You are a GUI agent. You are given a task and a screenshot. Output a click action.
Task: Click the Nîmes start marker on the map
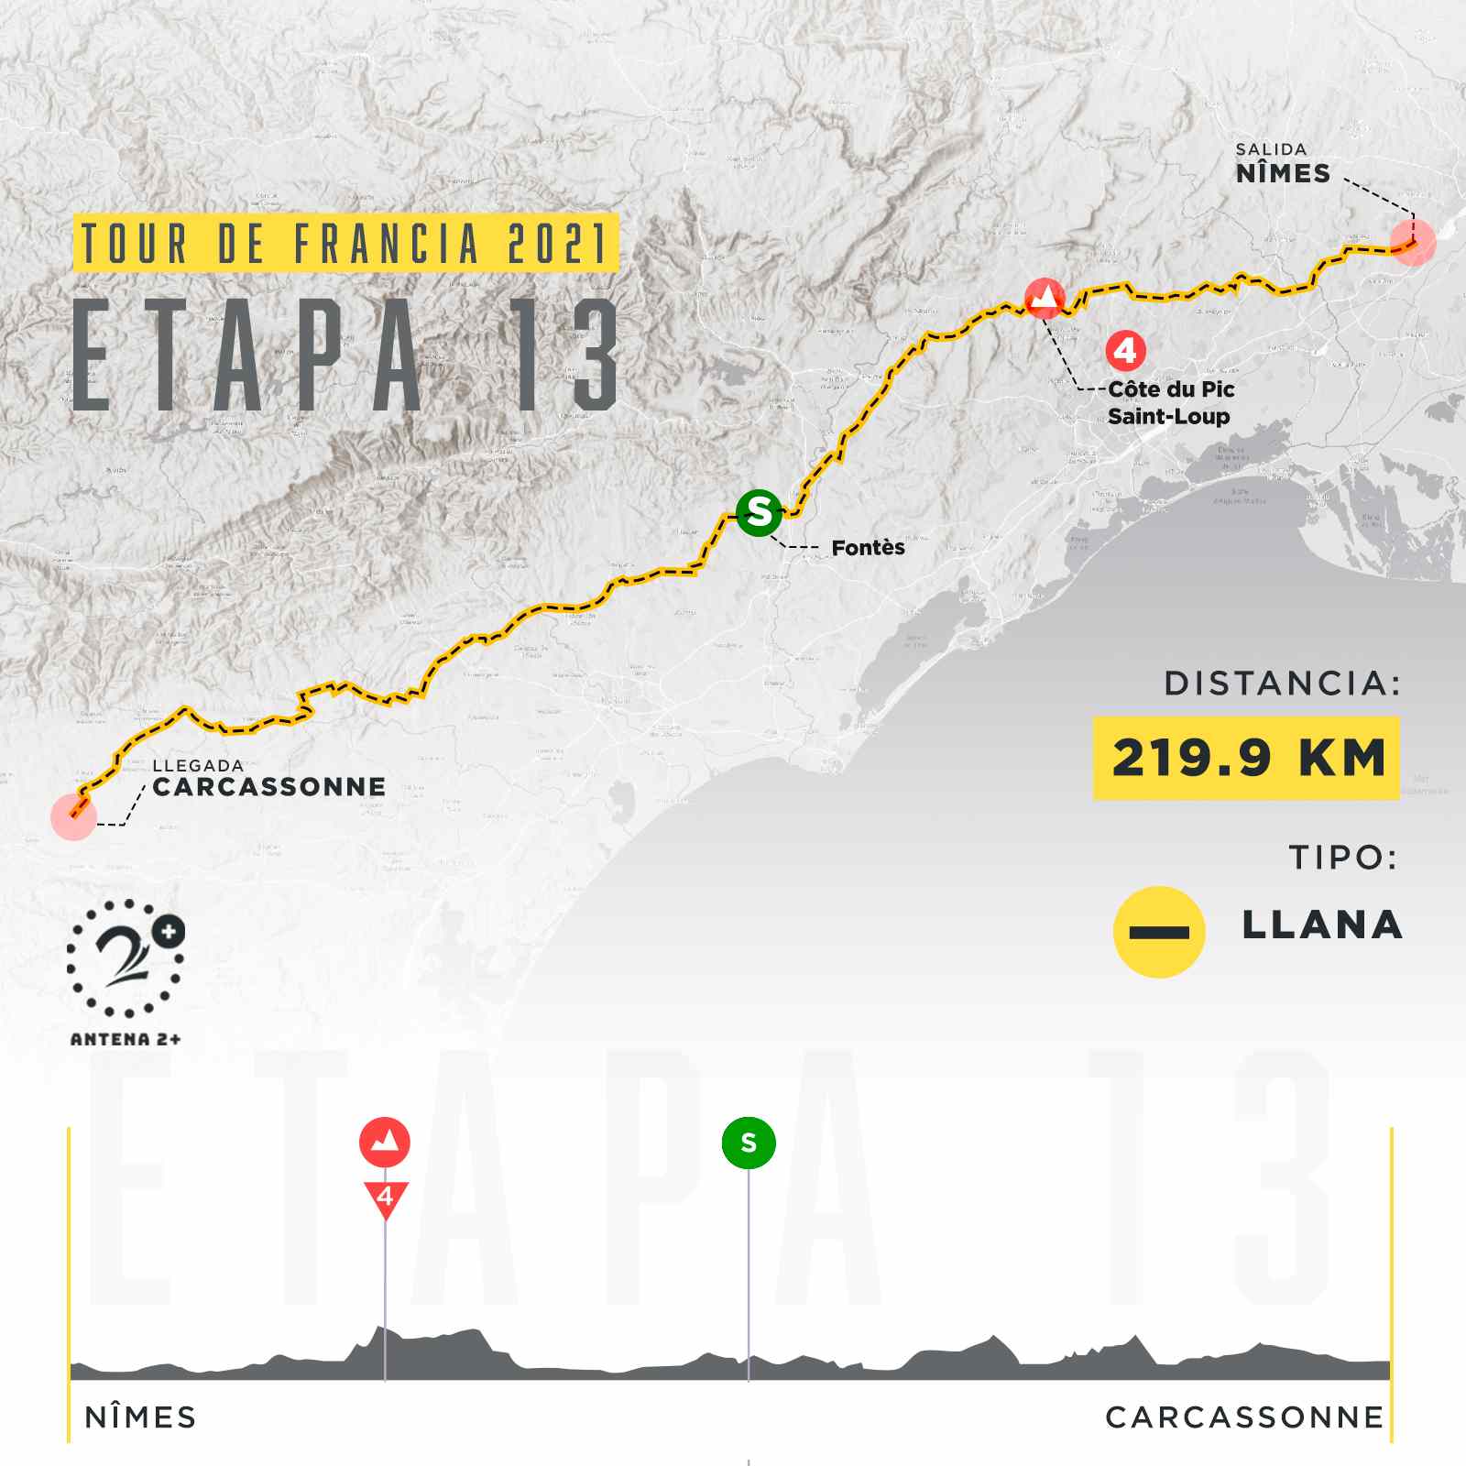tap(1412, 243)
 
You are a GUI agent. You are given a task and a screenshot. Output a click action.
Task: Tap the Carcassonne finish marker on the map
tap(74, 816)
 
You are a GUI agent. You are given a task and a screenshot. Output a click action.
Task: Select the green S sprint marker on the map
tap(759, 511)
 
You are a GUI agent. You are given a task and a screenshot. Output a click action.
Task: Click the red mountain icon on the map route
tap(1043, 299)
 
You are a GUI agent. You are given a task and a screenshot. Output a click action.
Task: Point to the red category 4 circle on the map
tap(1125, 350)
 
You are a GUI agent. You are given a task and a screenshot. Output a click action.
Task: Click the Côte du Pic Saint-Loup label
tap(1170, 402)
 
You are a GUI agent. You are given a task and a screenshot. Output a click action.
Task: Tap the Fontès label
tap(868, 548)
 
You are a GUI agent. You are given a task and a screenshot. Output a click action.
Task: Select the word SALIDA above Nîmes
tap(1271, 149)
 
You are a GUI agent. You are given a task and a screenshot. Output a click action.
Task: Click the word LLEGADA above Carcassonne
tap(198, 765)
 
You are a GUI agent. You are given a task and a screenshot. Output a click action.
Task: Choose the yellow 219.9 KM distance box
tap(1246, 759)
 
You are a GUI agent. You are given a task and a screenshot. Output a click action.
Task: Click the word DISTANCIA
tap(1282, 684)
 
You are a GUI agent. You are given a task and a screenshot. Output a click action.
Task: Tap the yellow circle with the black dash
tap(1159, 932)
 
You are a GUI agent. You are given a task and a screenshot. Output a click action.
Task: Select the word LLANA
tap(1322, 925)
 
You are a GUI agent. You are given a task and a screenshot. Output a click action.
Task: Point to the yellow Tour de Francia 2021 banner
tap(345, 243)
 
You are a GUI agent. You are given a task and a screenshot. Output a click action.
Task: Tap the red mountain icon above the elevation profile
tap(385, 1142)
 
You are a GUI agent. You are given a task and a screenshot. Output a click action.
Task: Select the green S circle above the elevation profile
tap(749, 1143)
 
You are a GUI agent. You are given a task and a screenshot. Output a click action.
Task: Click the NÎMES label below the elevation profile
tap(140, 1417)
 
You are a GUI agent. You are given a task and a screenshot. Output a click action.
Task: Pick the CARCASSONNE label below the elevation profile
tap(1244, 1417)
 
